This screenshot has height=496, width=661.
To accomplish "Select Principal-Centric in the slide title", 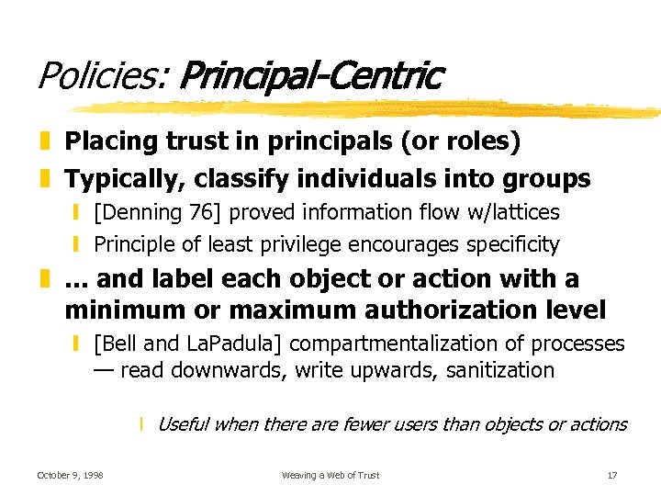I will pos(311,75).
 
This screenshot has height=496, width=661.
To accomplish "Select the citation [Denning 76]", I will pos(158,212).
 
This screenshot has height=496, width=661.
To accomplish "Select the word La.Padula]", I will pos(237,344).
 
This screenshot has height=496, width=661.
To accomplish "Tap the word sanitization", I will pos(502,370).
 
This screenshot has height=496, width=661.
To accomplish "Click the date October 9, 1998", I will pos(70,475).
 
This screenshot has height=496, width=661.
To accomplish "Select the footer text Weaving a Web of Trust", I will pos(330,475).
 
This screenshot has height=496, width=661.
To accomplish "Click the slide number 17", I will pos(611,475).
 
